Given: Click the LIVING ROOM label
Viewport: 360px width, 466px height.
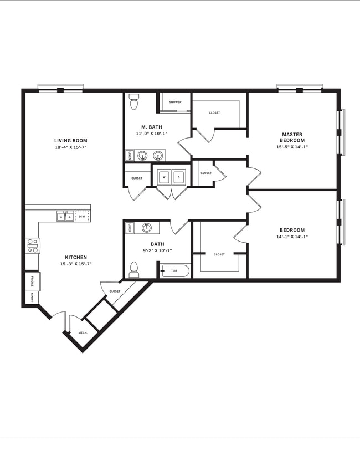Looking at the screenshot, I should coord(70,141).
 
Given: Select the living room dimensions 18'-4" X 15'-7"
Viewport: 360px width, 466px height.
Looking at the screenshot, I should coord(70,148).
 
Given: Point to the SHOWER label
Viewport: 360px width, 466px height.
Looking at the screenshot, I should coord(175,103).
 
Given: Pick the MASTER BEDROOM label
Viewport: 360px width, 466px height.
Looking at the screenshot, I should coord(292,137).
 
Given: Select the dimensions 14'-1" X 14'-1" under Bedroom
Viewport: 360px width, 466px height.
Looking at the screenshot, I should coord(292,237).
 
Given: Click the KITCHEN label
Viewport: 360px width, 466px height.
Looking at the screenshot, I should coord(75,257).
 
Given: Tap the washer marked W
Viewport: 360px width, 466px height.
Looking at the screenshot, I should coord(164,177).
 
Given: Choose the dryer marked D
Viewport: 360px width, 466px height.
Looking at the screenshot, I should coord(178,177).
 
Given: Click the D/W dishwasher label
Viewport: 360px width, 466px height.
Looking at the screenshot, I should coord(81,217).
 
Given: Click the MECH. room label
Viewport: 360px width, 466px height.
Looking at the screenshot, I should coord(82,334).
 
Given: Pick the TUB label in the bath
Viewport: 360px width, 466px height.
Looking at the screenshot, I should coord(174,271).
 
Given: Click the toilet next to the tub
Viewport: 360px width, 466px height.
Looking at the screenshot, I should coord(133,269).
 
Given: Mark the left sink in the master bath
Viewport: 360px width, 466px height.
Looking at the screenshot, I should coord(142,156).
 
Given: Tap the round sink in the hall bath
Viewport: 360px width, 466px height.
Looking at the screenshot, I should coord(147,227).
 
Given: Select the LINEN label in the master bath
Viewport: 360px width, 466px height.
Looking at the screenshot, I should coord(129,156).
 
